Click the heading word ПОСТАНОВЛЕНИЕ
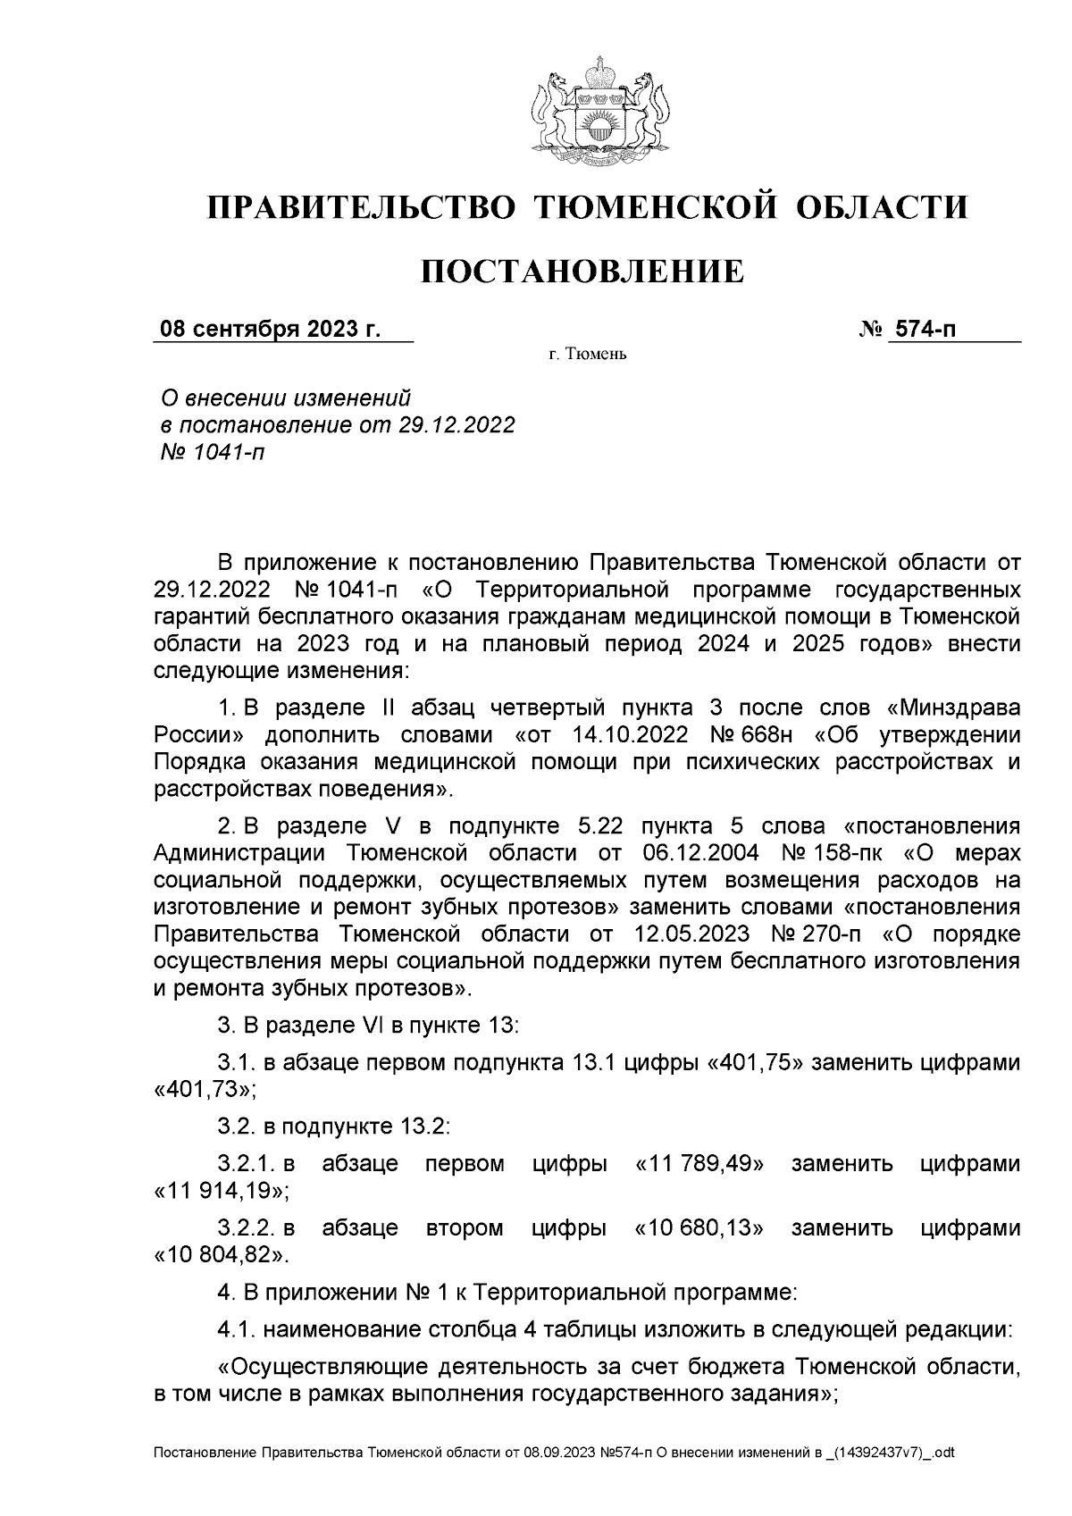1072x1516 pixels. coord(582,271)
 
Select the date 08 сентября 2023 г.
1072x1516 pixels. coord(270,330)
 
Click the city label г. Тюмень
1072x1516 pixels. coord(588,356)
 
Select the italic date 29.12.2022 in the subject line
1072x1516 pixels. coord(456,424)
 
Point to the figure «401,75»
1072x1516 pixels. coord(758,1063)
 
